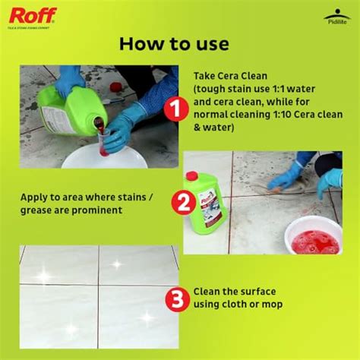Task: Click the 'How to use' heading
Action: [x=173, y=43]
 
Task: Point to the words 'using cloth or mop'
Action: [x=244, y=305]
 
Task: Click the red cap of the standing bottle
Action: [x=193, y=175]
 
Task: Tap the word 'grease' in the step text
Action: [x=39, y=210]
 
